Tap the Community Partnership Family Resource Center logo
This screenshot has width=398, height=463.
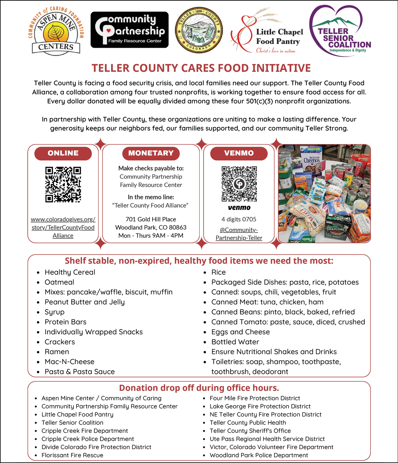click(x=129, y=30)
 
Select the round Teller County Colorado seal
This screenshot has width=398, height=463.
click(x=199, y=30)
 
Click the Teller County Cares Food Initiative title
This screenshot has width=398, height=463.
click(x=201, y=68)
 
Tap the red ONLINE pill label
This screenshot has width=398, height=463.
click(x=63, y=153)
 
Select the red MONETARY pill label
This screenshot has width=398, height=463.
click(x=151, y=153)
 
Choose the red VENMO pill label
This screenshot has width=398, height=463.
click(x=239, y=153)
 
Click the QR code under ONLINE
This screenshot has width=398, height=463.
click(x=63, y=184)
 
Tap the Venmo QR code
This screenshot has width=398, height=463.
click(x=239, y=184)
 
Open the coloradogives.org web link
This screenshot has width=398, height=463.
click(x=63, y=227)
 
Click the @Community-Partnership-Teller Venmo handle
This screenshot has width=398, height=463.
click(x=239, y=234)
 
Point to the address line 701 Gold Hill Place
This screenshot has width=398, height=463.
click(x=151, y=219)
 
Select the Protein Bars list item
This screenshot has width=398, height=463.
click(x=65, y=322)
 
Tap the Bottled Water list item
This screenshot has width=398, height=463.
click(x=235, y=342)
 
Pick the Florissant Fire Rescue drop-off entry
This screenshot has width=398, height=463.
click(x=72, y=455)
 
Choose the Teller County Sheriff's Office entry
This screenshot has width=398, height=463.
click(x=250, y=431)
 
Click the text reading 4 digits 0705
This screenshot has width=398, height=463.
click(x=239, y=219)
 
